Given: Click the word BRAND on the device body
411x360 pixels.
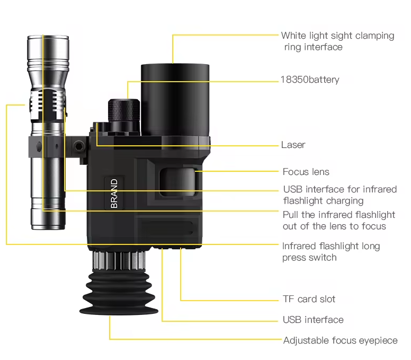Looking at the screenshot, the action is tap(114, 194).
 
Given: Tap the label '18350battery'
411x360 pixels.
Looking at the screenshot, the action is tap(310, 80).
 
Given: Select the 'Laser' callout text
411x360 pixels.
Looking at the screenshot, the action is tap(293, 145).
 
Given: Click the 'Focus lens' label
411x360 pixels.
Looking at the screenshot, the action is tap(306, 172).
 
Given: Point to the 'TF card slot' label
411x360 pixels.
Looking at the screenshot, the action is tap(309, 299).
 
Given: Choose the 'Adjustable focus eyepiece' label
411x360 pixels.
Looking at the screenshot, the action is tap(340, 340).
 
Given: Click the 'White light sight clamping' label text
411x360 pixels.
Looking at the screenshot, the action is tap(337, 36).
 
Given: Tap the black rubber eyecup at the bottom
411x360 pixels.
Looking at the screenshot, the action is tap(119, 293).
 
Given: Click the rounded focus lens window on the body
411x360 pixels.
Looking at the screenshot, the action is tap(178, 182).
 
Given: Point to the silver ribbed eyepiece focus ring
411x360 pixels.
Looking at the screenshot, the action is tap(119, 260).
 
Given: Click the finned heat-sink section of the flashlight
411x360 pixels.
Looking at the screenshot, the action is tap(47, 102).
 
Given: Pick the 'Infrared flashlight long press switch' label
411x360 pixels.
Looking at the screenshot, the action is tap(331, 252).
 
